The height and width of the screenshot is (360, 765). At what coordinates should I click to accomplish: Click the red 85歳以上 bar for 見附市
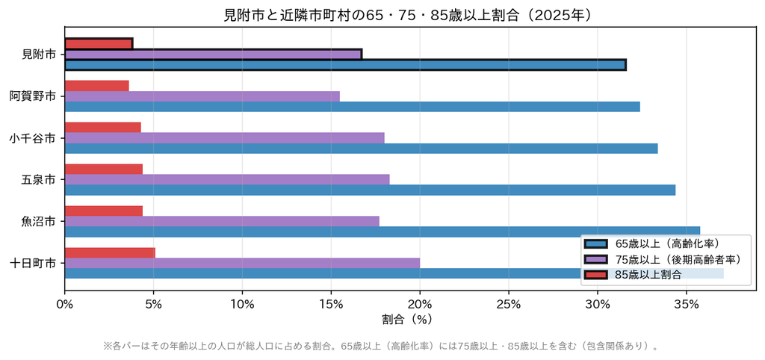point(99,44)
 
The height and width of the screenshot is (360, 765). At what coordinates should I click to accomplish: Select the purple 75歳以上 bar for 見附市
point(213,54)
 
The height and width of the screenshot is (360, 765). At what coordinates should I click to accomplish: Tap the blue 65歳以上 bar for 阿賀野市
point(353,107)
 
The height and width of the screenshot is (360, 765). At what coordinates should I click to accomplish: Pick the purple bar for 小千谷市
point(224,138)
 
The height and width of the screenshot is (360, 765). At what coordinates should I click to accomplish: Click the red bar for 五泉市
point(103,170)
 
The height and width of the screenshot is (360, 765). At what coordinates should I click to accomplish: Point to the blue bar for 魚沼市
point(382,232)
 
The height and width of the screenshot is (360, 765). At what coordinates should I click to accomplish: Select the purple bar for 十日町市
point(242,263)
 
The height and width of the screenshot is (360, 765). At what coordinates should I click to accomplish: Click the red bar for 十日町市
point(110,252)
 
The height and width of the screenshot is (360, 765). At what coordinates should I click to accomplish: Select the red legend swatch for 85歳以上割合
point(595,275)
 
